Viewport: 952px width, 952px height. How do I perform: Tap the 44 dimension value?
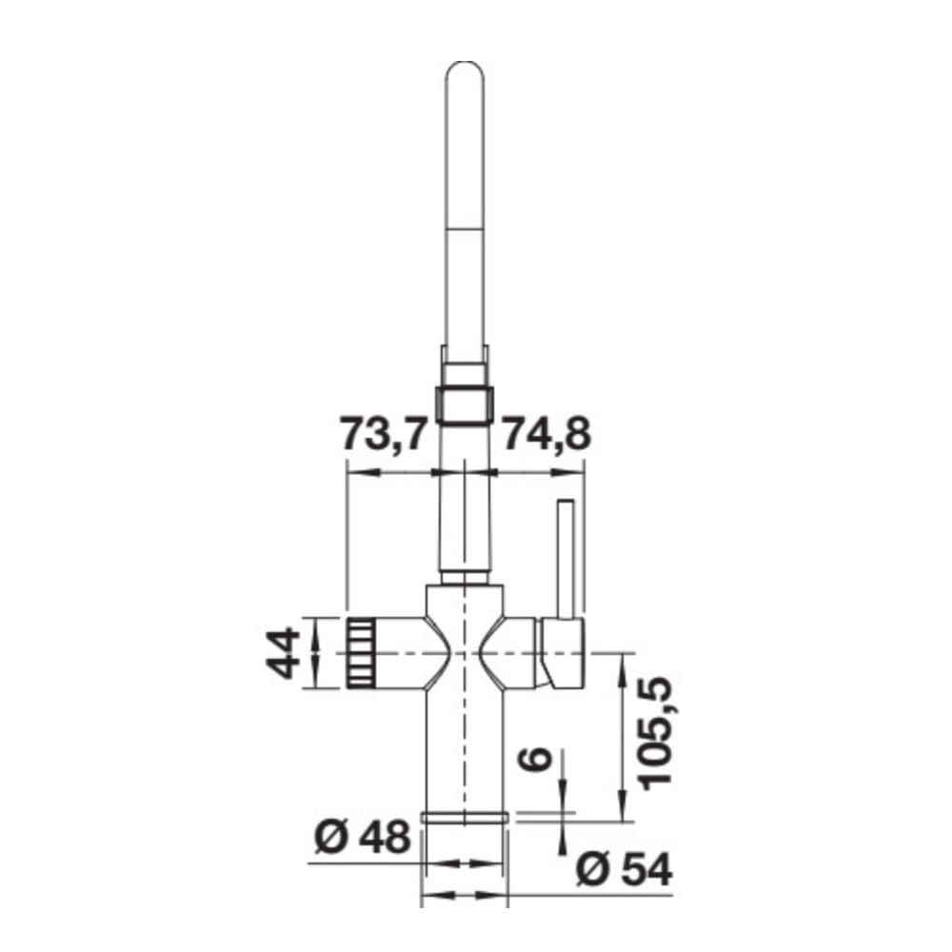[x=283, y=653]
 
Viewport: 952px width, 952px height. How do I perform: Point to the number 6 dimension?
[x=535, y=758]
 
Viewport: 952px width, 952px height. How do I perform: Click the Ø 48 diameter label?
[x=363, y=839]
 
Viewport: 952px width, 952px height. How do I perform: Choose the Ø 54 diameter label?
[x=625, y=870]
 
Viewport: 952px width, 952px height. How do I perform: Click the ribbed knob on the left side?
[x=361, y=653]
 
